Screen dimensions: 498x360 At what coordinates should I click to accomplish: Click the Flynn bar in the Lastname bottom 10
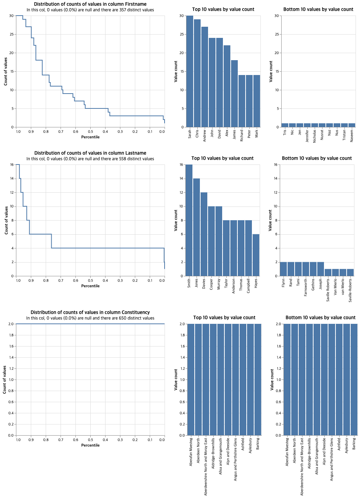click(283, 269)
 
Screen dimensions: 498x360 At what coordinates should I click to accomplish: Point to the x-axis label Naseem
click(352, 136)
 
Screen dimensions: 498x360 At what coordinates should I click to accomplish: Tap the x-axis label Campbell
click(249, 286)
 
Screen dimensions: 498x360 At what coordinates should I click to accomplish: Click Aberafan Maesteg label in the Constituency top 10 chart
click(191, 452)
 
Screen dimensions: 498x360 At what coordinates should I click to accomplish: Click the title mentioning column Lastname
click(90, 153)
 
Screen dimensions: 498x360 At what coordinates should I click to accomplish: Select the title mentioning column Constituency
click(90, 312)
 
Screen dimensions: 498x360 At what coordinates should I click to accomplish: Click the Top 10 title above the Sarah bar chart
click(223, 9)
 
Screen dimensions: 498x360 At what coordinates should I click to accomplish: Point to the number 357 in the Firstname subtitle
click(123, 10)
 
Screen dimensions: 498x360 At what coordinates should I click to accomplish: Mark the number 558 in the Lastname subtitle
click(123, 159)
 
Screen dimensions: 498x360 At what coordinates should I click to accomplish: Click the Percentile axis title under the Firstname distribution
click(90, 137)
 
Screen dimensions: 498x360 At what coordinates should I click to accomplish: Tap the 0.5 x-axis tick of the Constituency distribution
click(90, 440)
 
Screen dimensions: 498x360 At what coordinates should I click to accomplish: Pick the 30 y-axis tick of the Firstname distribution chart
click(12, 16)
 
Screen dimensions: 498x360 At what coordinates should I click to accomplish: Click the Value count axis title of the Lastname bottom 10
click(270, 220)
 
